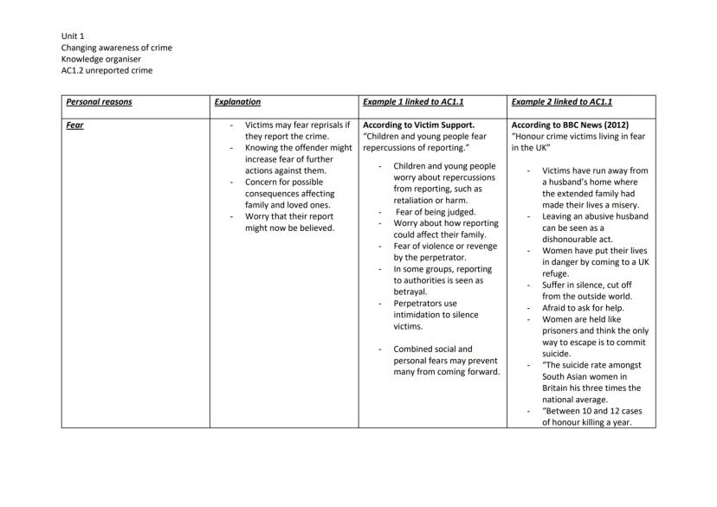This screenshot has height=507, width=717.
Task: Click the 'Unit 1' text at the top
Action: click(73, 35)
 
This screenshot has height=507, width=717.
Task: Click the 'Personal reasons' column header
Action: click(99, 102)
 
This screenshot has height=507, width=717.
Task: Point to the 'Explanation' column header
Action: click(237, 102)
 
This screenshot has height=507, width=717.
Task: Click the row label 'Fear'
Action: click(75, 125)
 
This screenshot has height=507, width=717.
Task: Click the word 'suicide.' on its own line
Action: click(557, 353)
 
